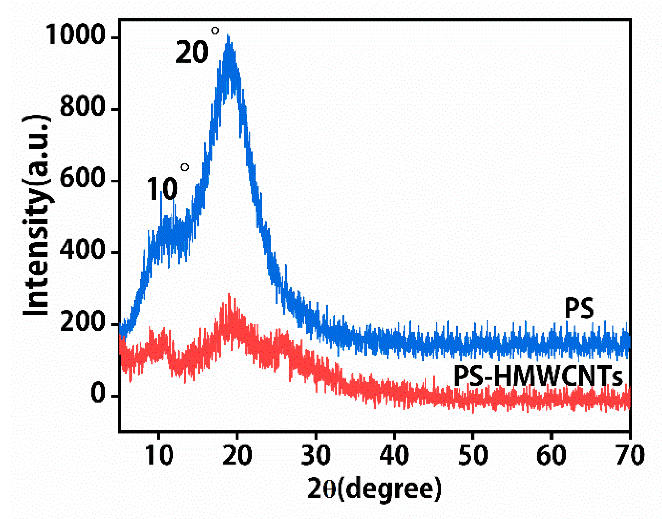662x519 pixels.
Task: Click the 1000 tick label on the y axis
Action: click(x=75, y=35)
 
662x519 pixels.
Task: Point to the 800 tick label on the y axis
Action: click(x=82, y=106)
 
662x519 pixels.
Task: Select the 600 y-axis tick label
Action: click(x=82, y=178)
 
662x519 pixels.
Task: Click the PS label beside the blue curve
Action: click(x=579, y=309)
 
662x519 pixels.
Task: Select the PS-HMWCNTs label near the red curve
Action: click(x=538, y=376)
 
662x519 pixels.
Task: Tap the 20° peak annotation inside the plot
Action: click(x=196, y=49)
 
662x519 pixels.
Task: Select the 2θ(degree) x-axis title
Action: click(x=374, y=489)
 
